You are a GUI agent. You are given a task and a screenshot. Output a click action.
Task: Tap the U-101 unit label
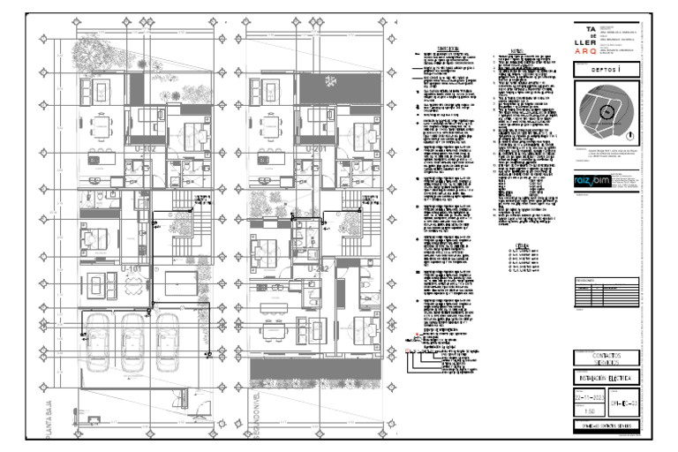132,267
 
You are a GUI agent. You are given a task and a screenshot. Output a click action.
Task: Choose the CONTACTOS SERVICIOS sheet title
606,358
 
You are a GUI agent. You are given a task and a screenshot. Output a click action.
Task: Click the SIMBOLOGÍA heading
454,50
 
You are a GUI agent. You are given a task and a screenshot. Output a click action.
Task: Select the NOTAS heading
517,50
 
